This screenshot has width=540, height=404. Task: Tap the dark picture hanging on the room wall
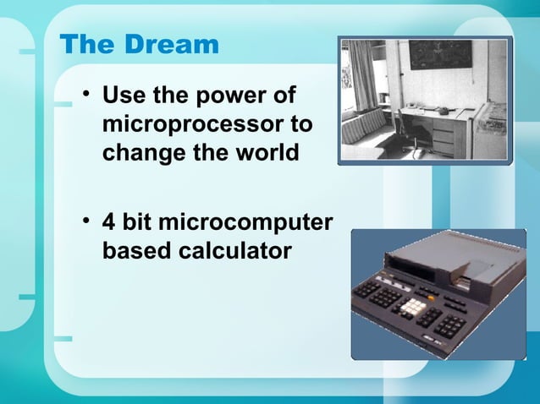[x=441, y=55]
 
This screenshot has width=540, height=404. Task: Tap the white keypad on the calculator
[x=415, y=309]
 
